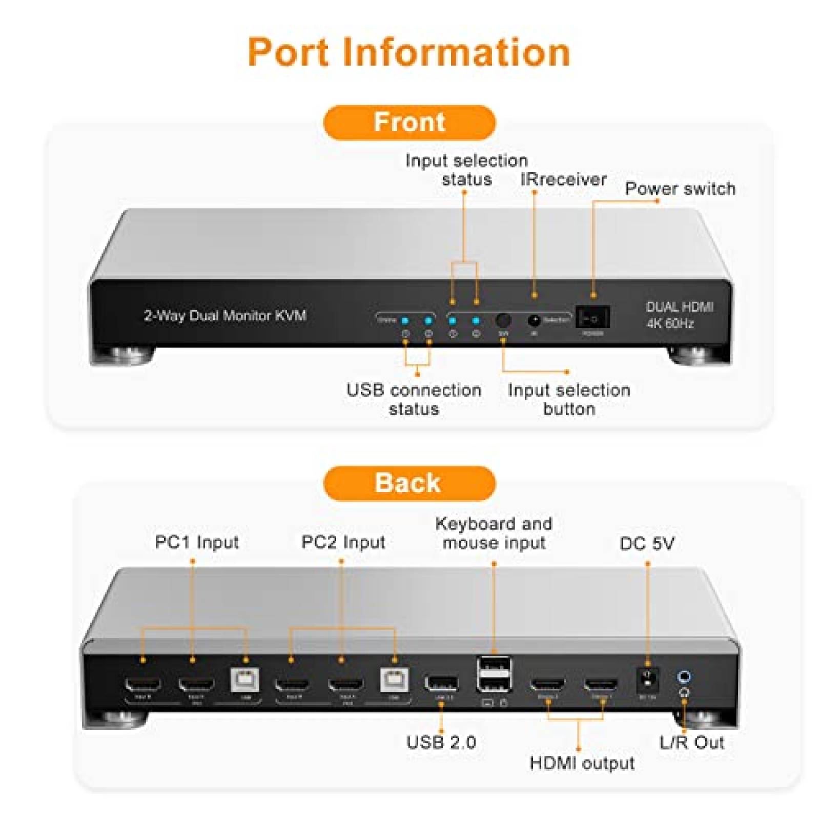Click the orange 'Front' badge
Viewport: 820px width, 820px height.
tap(409, 122)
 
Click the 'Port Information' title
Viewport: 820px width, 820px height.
tap(409, 52)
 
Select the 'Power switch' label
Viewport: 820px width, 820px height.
tap(680, 189)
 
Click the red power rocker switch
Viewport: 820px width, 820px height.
tap(592, 318)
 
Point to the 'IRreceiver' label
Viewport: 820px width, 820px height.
tap(563, 179)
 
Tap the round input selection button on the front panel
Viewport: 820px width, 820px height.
tap(503, 320)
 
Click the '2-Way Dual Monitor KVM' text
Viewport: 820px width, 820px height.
tap(225, 315)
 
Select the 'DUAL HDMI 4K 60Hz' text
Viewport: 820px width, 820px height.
tap(679, 315)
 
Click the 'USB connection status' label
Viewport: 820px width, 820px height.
tap(414, 399)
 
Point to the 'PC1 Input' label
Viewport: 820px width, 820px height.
tap(197, 542)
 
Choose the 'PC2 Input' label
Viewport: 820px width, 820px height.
tap(343, 542)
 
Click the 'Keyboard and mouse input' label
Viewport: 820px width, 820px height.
tap(494, 533)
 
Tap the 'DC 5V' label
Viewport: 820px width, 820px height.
tap(647, 543)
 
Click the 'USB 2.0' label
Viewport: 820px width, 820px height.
tap(441, 742)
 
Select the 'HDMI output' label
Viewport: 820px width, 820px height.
tap(582, 763)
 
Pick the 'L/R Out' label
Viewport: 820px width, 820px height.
tap(691, 742)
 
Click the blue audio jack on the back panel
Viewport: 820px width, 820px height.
tap(684, 677)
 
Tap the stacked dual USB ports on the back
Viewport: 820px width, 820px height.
tap(494, 675)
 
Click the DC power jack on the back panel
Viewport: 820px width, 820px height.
tap(647, 680)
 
